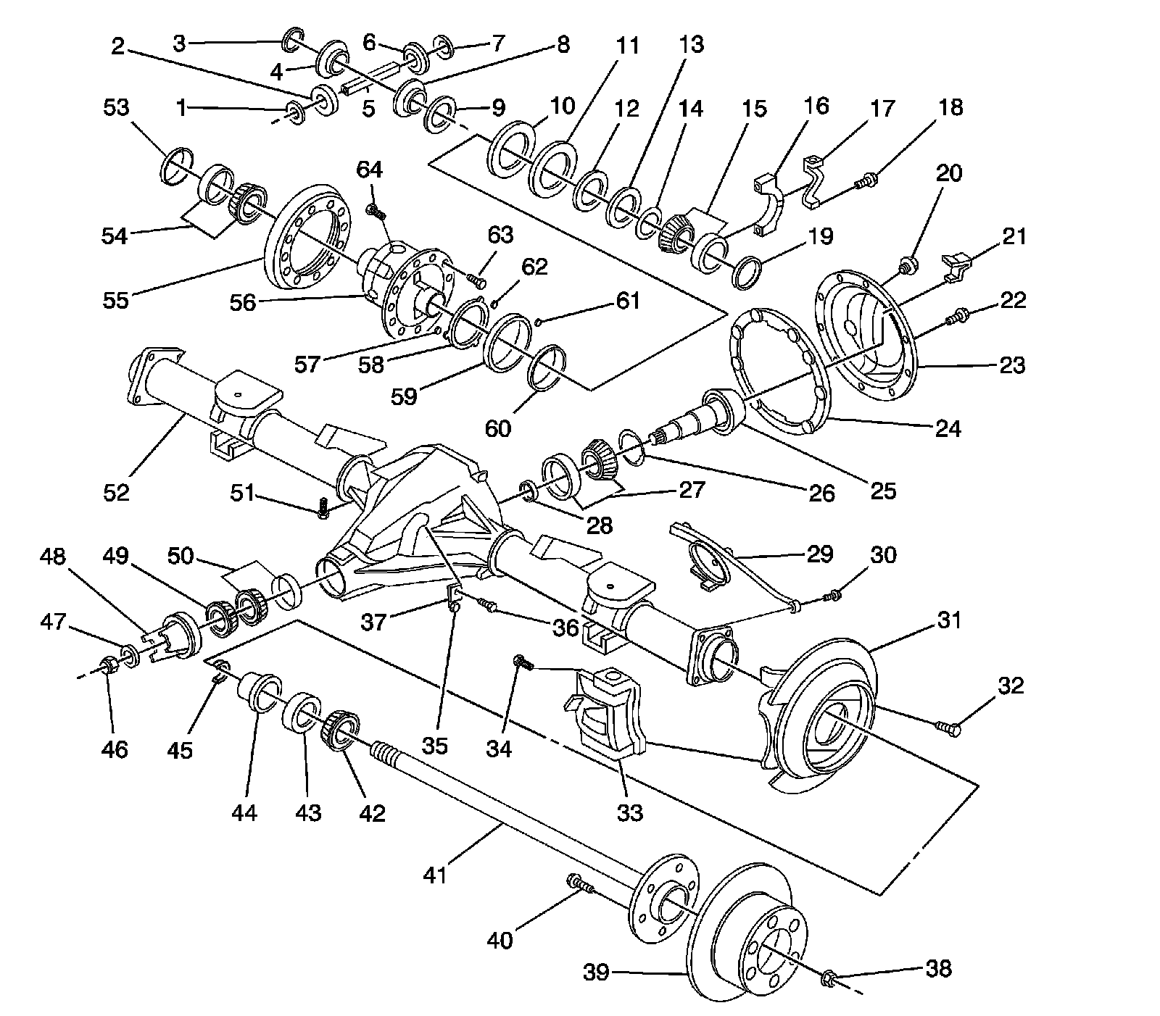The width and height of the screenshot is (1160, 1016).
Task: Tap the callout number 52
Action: click(x=116, y=492)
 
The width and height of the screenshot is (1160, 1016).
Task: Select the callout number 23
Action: click(x=1011, y=365)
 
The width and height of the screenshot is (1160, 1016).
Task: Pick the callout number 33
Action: click(x=629, y=812)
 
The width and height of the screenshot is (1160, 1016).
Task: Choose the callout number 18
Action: click(x=950, y=107)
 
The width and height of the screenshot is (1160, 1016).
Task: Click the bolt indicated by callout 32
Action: click(x=948, y=727)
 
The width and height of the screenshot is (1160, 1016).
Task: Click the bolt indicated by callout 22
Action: click(x=958, y=316)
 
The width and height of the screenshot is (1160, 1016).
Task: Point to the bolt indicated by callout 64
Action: click(x=376, y=212)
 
